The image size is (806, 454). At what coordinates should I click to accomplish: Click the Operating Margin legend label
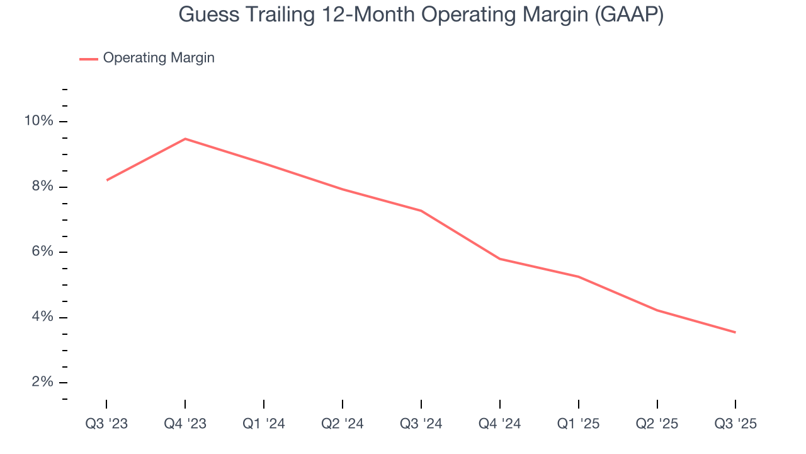click(159, 58)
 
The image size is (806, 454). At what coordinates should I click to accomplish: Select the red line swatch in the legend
click(89, 59)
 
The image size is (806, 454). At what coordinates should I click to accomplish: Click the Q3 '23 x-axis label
click(106, 424)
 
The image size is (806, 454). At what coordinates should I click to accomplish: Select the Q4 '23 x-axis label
click(185, 424)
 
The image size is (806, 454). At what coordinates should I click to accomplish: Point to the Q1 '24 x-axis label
click(264, 424)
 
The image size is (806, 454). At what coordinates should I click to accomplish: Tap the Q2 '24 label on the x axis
click(343, 424)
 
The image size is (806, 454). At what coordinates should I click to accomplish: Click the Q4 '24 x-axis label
click(500, 424)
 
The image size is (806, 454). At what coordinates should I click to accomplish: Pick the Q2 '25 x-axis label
click(657, 424)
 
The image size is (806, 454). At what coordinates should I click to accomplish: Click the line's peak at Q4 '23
click(185, 139)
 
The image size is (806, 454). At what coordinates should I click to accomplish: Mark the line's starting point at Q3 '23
click(106, 180)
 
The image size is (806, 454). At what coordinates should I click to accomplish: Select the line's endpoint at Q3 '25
click(735, 332)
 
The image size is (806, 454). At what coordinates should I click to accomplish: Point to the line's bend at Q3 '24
click(421, 211)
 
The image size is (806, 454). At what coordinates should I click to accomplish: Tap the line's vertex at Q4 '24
click(500, 259)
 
